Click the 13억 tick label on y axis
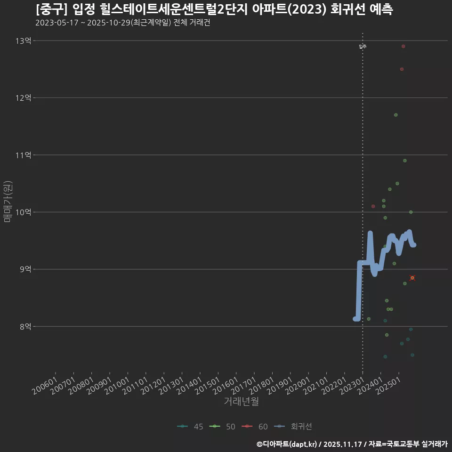point(23,41)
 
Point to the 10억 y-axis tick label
point(23,212)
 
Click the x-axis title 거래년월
point(241,402)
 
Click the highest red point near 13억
point(403,46)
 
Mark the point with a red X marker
point(412,278)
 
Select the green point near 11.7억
point(395,115)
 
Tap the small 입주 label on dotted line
point(362,47)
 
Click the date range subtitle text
point(122,23)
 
